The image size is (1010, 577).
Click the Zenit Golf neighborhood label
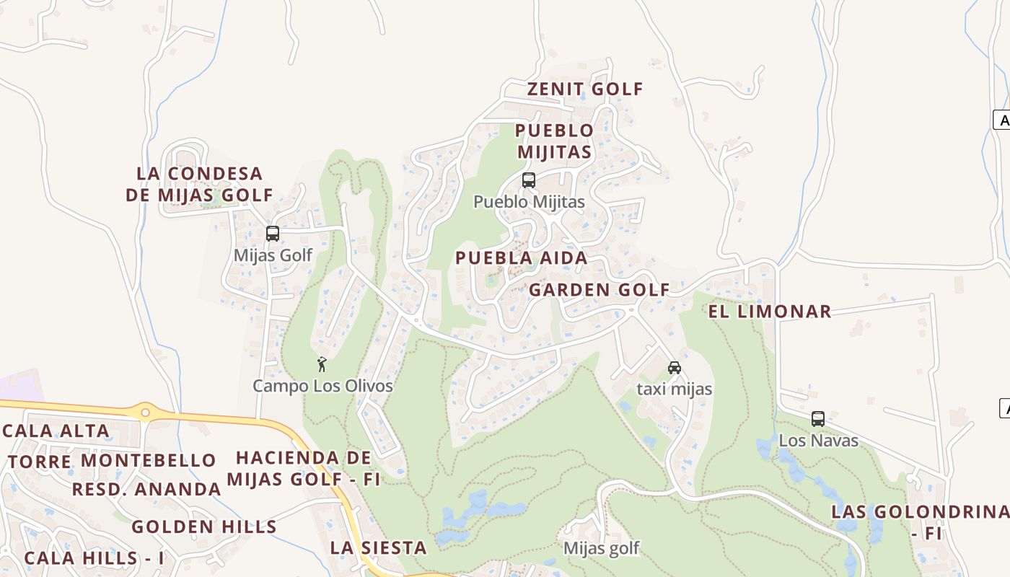click(x=584, y=89)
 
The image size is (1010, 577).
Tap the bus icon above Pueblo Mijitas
click(x=529, y=180)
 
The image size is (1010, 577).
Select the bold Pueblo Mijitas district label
click(x=554, y=141)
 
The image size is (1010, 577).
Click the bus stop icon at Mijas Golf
click(x=273, y=234)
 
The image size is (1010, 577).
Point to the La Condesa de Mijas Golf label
click(x=200, y=185)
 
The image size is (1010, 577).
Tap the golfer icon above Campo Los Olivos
click(x=322, y=364)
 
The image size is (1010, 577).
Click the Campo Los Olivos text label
click(x=322, y=386)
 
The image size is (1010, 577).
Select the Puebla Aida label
click(x=521, y=258)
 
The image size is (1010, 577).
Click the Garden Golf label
click(x=599, y=290)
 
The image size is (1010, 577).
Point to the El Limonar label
click(x=769, y=312)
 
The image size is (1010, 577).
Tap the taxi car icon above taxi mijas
click(x=675, y=368)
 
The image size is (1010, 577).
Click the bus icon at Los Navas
click(x=818, y=419)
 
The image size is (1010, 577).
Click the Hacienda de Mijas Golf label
click(x=303, y=468)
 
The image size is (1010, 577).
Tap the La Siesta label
click(x=378, y=547)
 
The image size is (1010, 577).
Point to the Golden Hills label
click(x=204, y=527)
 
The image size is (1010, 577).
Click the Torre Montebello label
click(x=112, y=460)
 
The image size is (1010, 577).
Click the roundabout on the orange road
click(x=145, y=413)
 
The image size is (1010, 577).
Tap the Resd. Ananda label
click(x=146, y=489)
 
